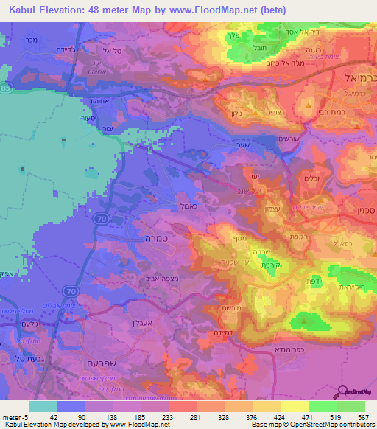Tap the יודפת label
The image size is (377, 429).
303,280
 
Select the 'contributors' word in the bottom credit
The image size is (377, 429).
358,425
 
